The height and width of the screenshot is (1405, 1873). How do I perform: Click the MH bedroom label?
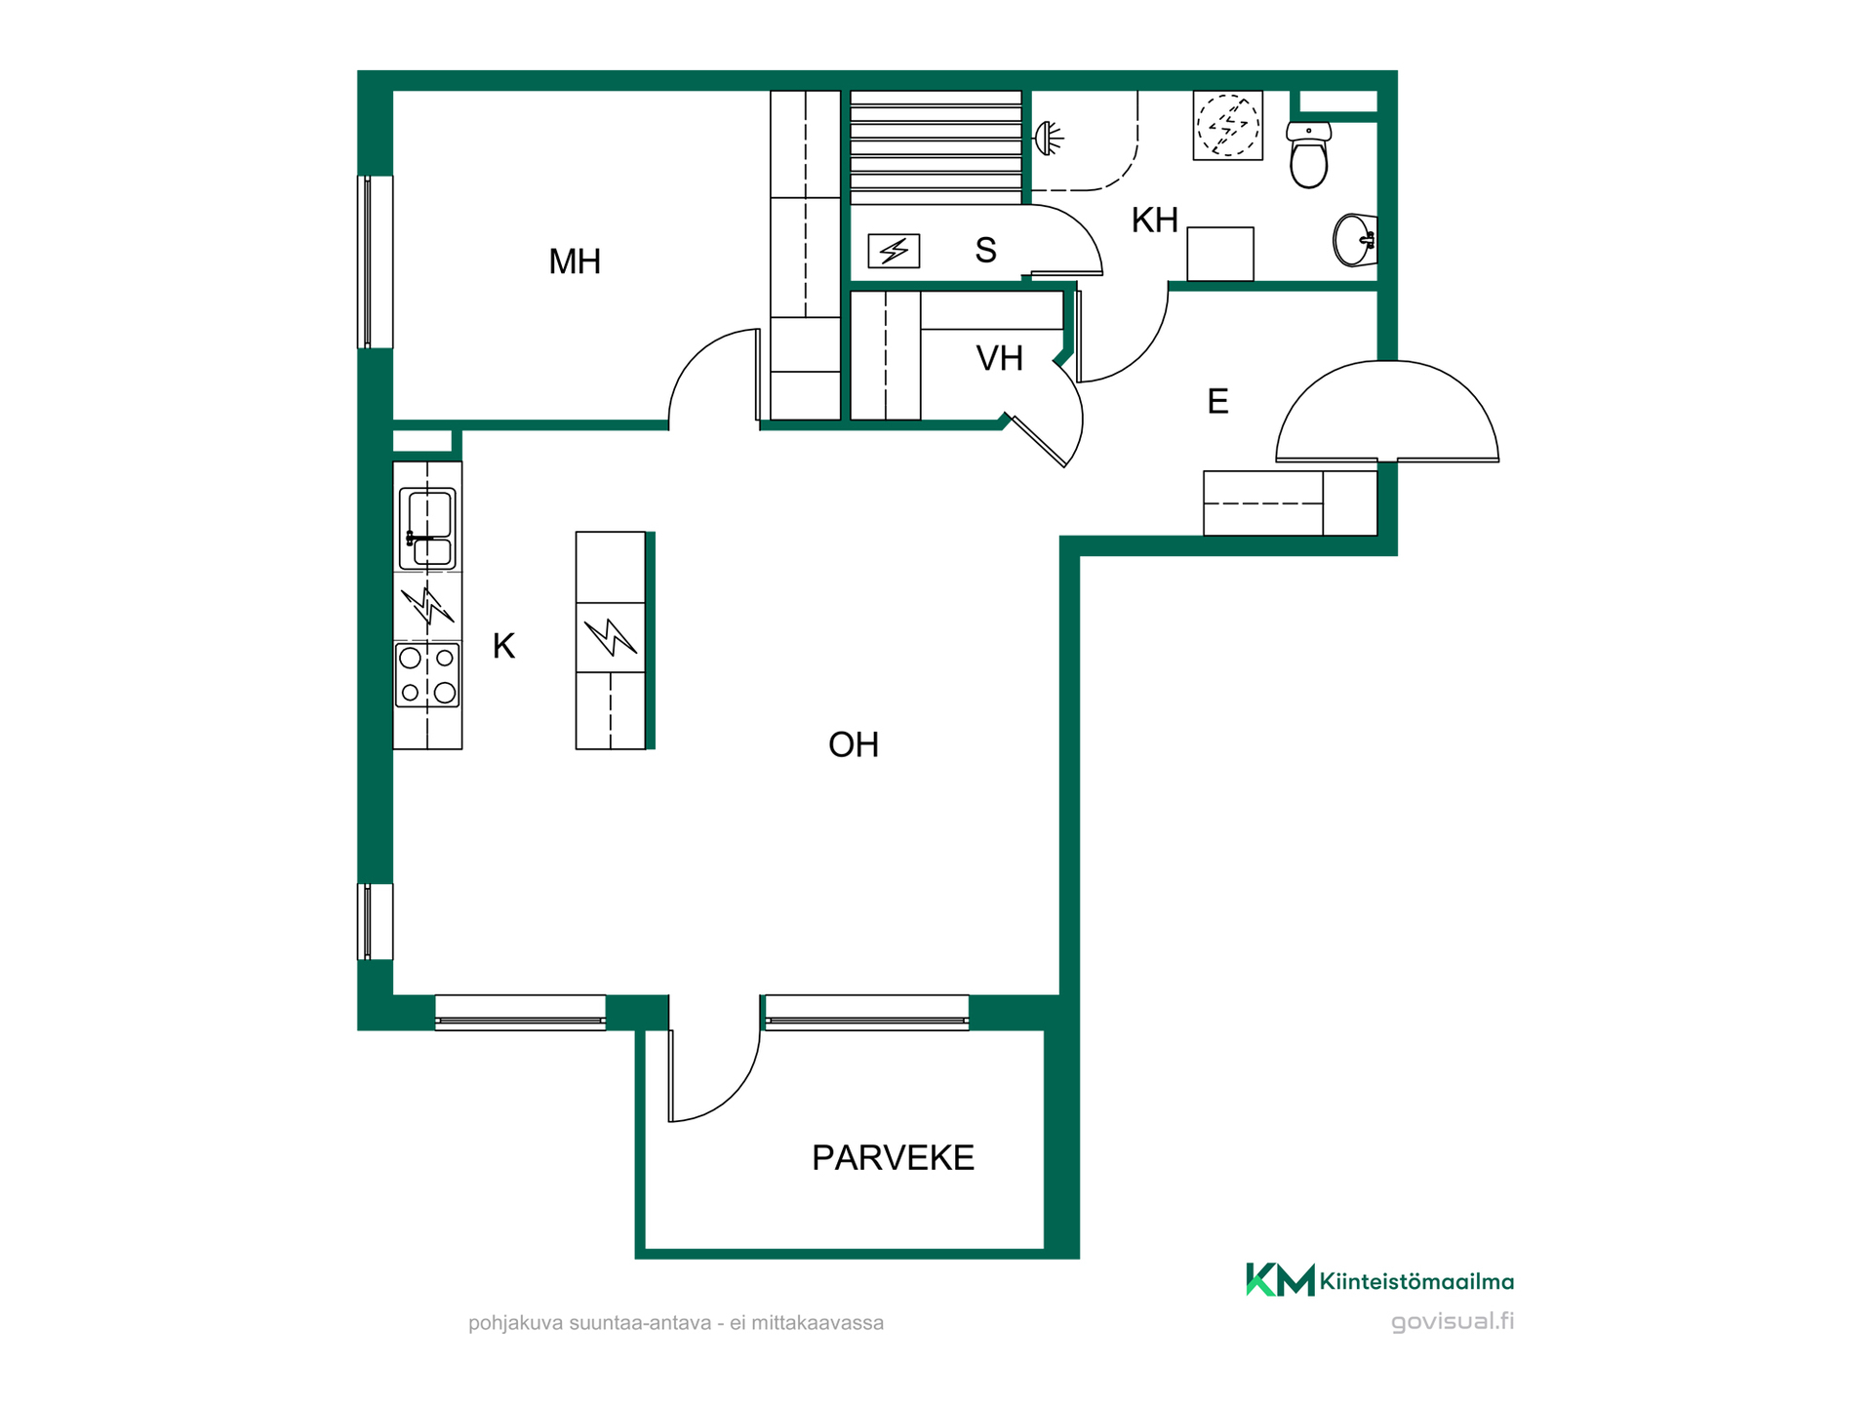[575, 261]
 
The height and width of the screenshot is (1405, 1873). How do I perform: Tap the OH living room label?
[854, 745]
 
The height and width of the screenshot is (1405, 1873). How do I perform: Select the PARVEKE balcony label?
[893, 1158]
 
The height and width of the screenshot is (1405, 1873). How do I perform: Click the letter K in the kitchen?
[503, 646]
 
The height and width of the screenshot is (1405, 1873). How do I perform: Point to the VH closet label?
[999, 359]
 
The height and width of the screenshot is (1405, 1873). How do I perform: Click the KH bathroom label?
[1155, 221]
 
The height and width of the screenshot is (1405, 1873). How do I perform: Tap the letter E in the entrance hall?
[1217, 402]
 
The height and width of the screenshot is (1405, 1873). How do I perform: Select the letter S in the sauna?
[986, 251]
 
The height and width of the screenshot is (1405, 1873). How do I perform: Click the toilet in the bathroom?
[1308, 154]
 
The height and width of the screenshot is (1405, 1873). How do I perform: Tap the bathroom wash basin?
[1355, 239]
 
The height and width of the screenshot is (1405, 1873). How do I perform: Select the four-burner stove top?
[427, 674]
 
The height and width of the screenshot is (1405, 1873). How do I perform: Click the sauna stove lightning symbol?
[894, 252]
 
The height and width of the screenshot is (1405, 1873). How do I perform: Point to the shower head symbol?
[1048, 139]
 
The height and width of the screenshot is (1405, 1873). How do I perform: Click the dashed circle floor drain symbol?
[1228, 125]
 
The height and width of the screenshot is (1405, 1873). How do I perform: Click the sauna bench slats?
[936, 147]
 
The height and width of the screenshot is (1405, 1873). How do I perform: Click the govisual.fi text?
[1453, 1322]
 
